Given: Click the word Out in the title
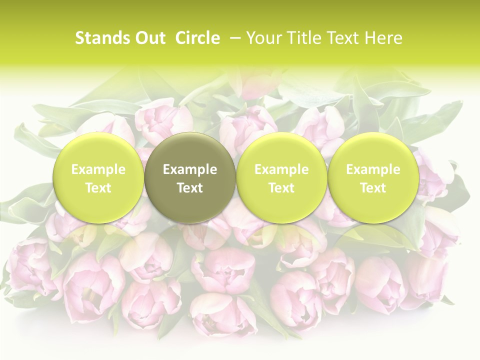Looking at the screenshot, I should pos(150,38).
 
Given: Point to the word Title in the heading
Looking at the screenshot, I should pos(300,38).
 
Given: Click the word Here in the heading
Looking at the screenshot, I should pos(383,38).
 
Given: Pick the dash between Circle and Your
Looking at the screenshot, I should pos(233,38).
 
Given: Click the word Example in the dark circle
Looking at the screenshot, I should pos(190,169).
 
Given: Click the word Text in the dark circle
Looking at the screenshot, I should pos(190,188).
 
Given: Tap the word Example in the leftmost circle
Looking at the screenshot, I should pos(98,169).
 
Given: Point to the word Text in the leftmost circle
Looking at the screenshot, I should pos(98,188).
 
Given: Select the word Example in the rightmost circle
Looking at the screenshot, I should pos(373,169).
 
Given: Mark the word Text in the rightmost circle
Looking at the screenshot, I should pos(373,188).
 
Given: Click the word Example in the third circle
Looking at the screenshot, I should pos(281,169).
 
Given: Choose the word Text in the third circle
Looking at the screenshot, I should pos(281,188).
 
